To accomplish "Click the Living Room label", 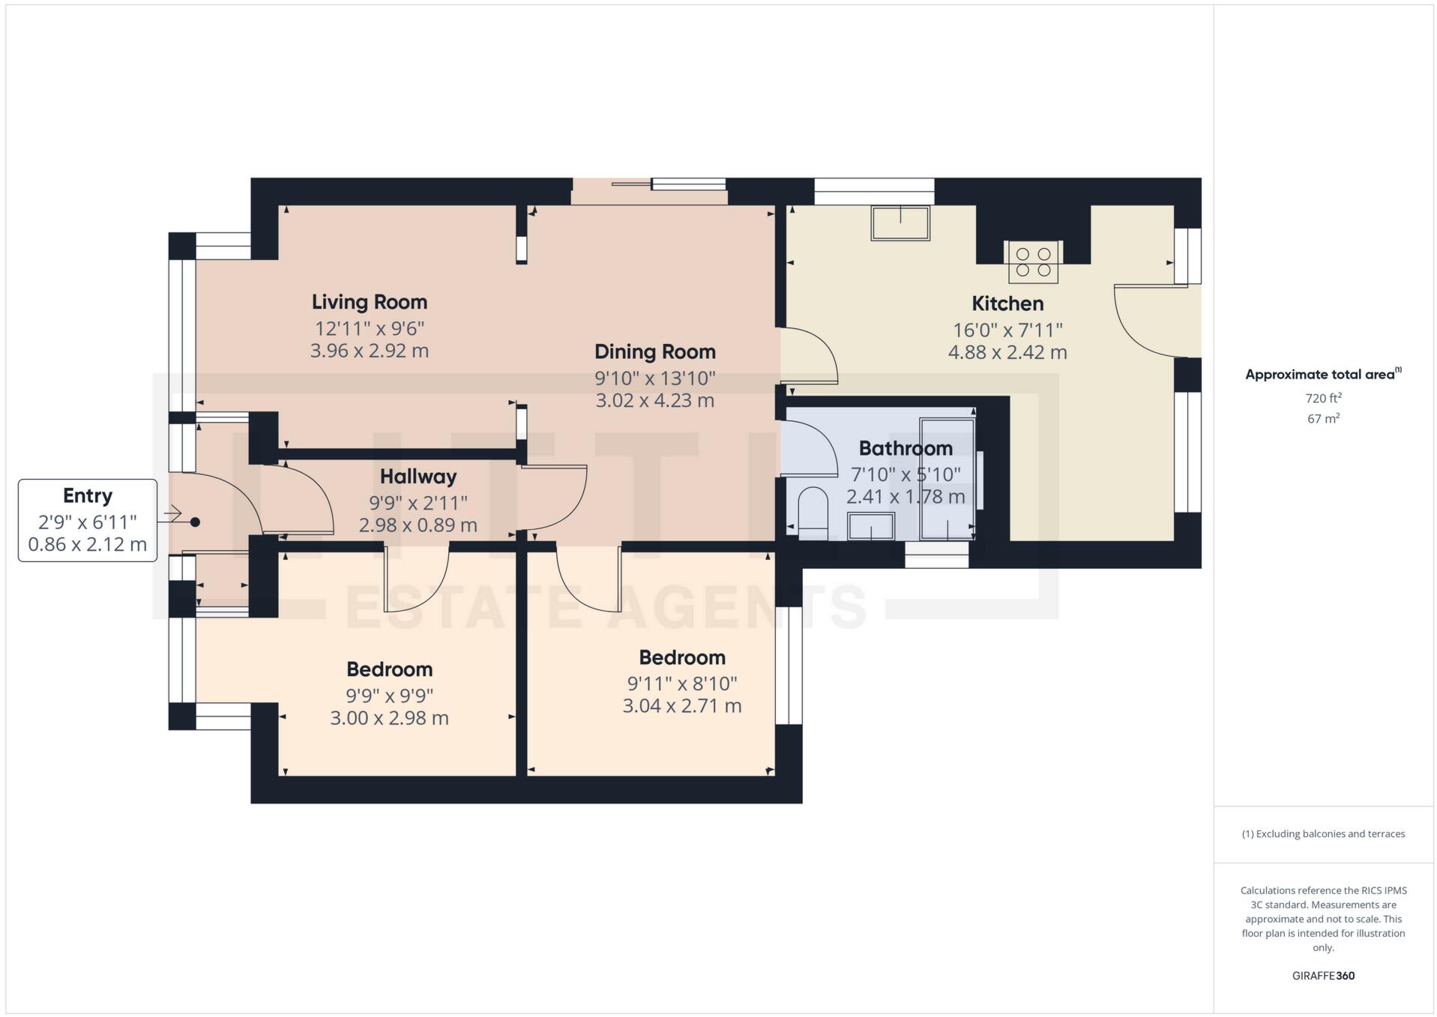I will click(x=369, y=302).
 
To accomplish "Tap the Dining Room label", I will click(x=654, y=351).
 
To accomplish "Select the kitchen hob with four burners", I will click(x=1033, y=262).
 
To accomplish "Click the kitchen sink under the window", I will click(x=900, y=223).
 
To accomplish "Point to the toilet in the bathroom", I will click(x=813, y=513).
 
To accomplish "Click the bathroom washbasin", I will click(x=870, y=526).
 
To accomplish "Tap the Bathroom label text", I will click(x=905, y=448).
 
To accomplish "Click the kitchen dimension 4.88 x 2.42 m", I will click(x=1007, y=352).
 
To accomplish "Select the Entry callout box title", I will click(x=88, y=495).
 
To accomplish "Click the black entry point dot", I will click(x=195, y=522).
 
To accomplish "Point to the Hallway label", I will click(x=418, y=477).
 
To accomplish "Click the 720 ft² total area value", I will click(x=1323, y=398).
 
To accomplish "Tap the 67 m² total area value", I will click(x=1323, y=418).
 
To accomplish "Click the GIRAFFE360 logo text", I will click(x=1323, y=976).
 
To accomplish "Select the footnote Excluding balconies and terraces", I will click(x=1323, y=833).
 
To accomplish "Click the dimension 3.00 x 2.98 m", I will click(x=389, y=718).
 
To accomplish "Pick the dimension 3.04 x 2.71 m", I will click(x=681, y=706).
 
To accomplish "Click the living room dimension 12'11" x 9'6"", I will click(x=369, y=328).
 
